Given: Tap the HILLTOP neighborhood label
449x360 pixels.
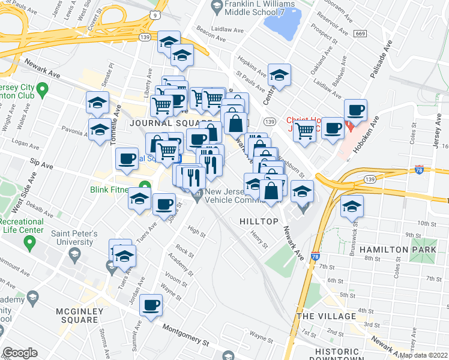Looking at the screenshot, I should tap(259, 221).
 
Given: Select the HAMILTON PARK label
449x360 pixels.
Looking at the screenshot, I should tap(394, 249).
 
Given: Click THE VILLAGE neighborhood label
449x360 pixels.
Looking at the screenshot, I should tap(326, 316).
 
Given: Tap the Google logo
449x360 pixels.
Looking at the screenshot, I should tap(20, 353).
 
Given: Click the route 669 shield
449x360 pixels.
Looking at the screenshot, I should tap(360, 34).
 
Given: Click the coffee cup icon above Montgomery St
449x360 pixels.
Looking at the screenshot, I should tap(151, 304).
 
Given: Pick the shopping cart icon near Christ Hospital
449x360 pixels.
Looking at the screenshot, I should tap(304, 130).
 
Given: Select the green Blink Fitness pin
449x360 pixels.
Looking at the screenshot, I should tap(144, 187).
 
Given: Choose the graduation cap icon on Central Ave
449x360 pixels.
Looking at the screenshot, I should tap(279, 75).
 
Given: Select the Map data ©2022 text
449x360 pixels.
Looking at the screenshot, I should tap(423, 355).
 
